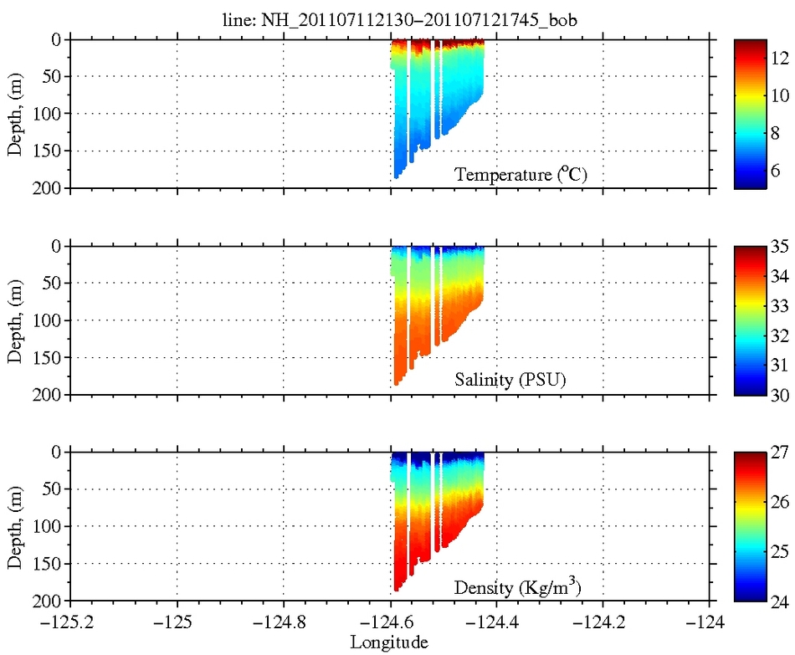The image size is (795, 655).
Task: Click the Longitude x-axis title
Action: click(x=390, y=642)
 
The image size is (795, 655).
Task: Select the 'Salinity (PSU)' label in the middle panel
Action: click(x=510, y=381)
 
